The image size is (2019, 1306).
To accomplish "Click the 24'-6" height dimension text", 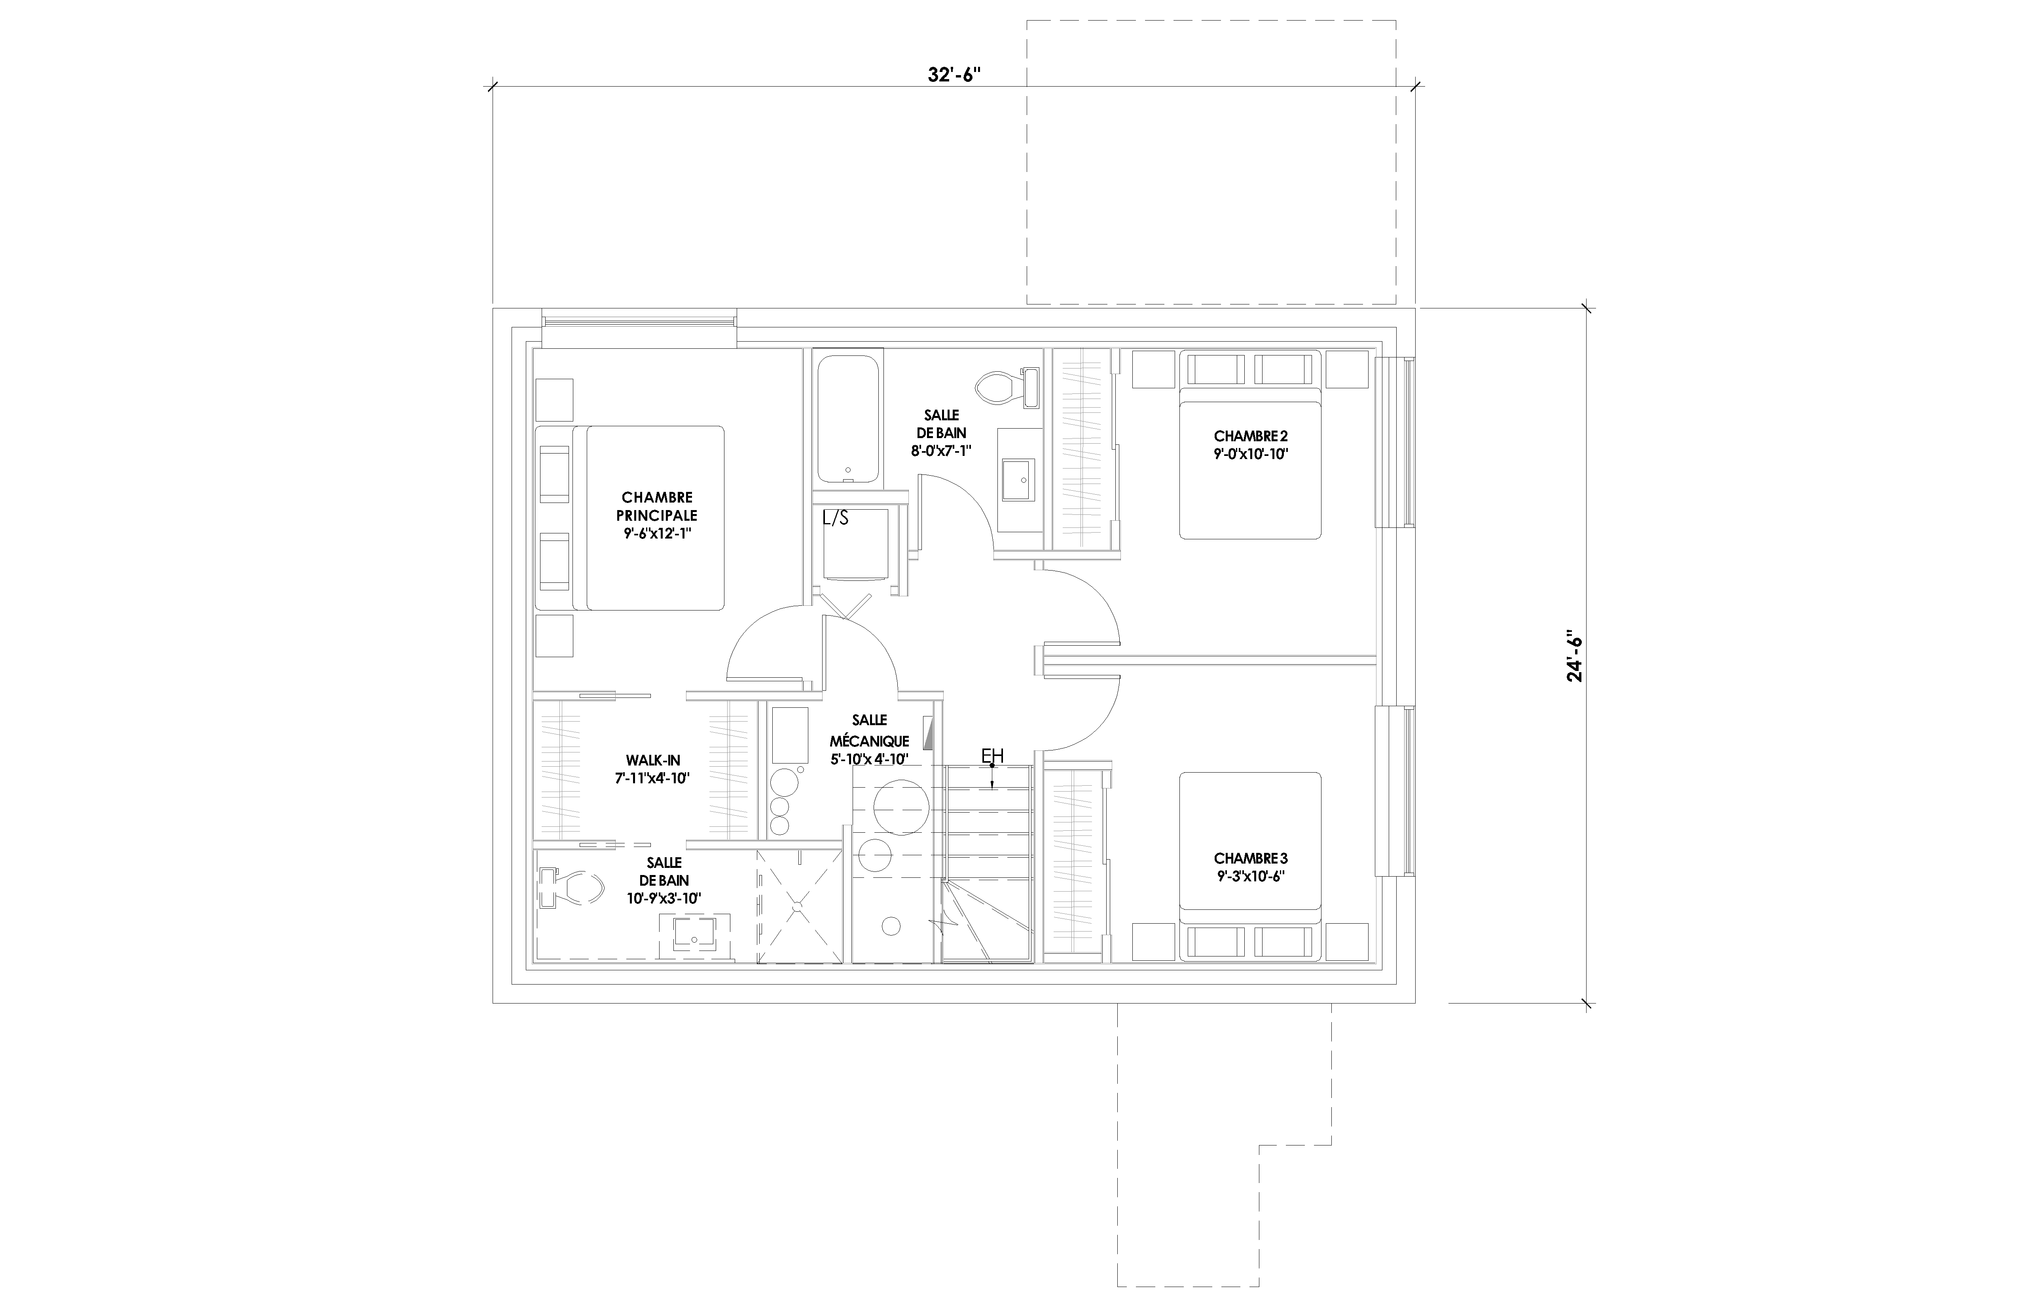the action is pyautogui.click(x=1574, y=655).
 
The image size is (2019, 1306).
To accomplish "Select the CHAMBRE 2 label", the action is pyautogui.click(x=1250, y=444).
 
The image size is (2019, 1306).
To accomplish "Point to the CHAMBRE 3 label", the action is pyautogui.click(x=1250, y=867).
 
